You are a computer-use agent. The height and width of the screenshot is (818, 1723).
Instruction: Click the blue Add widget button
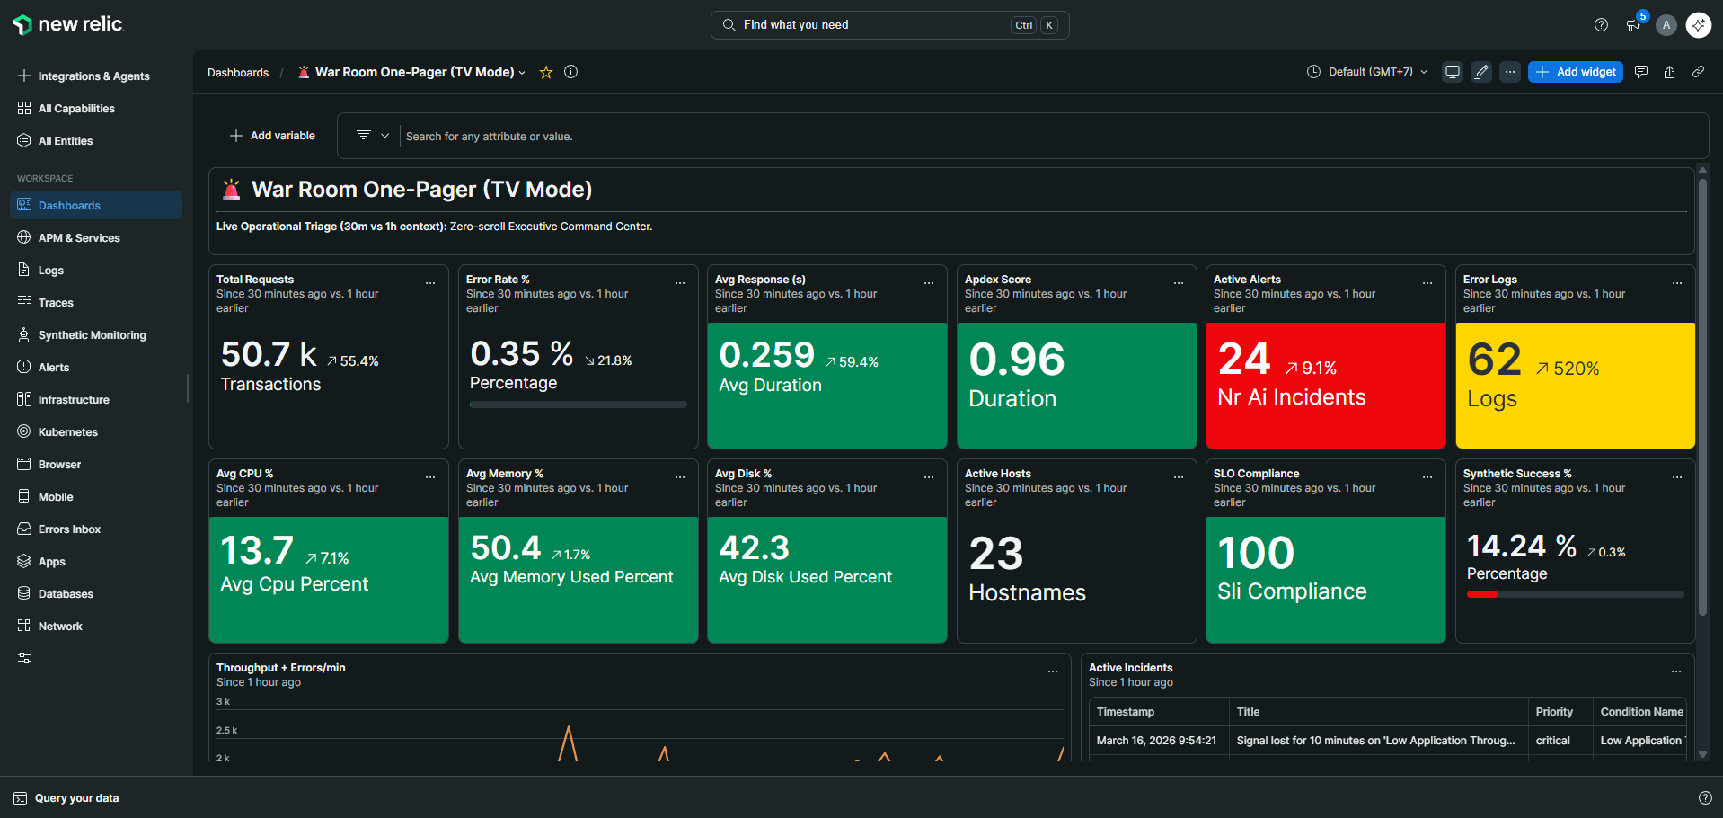(x=1575, y=72)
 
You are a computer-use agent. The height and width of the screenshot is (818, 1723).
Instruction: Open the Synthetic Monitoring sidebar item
(x=92, y=335)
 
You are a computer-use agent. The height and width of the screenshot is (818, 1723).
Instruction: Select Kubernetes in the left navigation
(x=67, y=432)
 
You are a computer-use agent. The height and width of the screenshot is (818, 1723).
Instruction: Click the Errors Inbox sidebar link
(x=69, y=529)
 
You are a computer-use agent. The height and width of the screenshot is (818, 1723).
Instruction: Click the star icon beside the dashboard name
(x=545, y=73)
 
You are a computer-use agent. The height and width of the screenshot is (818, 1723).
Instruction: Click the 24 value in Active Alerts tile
(x=1243, y=360)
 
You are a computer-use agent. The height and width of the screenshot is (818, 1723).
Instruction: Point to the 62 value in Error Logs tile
(x=1494, y=360)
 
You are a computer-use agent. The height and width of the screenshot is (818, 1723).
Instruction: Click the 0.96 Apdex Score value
(x=1016, y=360)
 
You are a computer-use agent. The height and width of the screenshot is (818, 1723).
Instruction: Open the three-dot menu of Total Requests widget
(x=430, y=283)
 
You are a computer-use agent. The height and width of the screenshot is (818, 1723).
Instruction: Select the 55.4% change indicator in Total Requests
(x=352, y=361)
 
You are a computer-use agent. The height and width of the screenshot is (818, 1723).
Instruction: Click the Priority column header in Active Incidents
(x=1553, y=712)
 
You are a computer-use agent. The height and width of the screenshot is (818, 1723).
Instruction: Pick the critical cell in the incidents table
(x=1552, y=741)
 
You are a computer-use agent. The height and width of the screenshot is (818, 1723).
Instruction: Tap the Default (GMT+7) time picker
(x=1366, y=72)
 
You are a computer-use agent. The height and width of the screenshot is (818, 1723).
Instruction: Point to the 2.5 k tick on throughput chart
(x=226, y=731)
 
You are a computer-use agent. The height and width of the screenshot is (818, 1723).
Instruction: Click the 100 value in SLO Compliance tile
(x=1255, y=553)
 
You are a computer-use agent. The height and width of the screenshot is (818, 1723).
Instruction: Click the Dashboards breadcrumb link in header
(x=238, y=73)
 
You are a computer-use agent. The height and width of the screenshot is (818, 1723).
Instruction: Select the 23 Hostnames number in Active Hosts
(x=995, y=554)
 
